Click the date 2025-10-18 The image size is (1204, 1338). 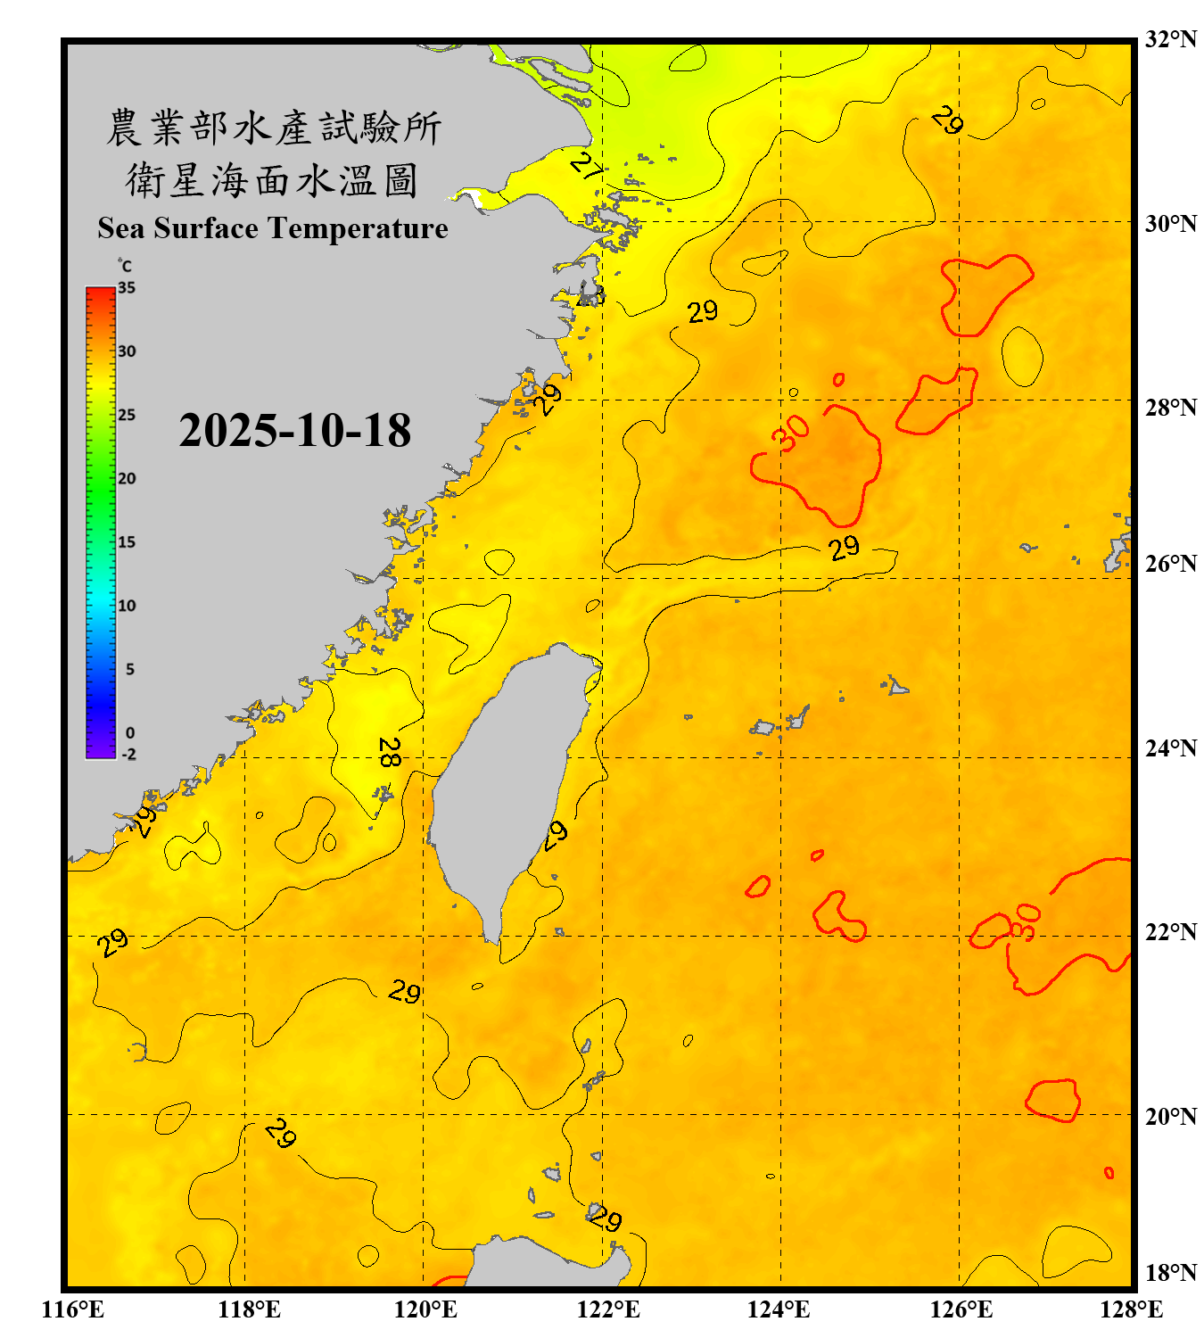(x=294, y=430)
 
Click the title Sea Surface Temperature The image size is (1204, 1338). (x=273, y=228)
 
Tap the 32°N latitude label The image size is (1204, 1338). (x=1170, y=39)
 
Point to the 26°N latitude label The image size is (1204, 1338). (x=1170, y=564)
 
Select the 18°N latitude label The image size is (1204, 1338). (x=1170, y=1273)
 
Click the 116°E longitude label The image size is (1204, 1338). (x=73, y=1309)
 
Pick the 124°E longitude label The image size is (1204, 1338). (x=779, y=1309)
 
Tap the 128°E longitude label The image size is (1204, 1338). (x=1131, y=1309)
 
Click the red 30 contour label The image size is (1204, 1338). (x=790, y=434)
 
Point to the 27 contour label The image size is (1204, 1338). (x=585, y=164)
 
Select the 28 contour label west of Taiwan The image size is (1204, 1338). (x=389, y=752)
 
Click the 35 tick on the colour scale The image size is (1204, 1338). (x=127, y=288)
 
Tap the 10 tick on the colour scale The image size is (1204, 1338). (x=127, y=606)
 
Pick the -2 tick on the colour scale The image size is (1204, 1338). (x=128, y=755)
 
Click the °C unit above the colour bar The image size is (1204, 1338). (x=125, y=266)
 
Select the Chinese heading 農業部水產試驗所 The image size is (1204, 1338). (x=273, y=128)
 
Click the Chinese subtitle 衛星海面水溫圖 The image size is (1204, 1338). (x=273, y=181)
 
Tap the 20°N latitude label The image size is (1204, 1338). (x=1170, y=1116)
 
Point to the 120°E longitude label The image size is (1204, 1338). (x=425, y=1309)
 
